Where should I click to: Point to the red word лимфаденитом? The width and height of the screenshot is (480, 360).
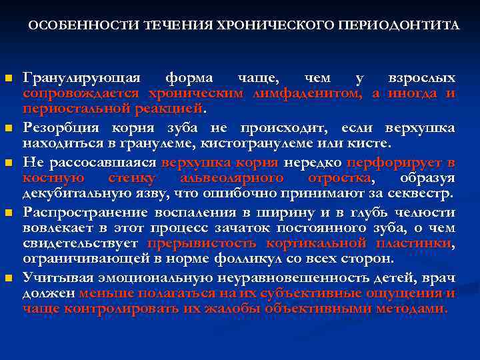tap(307, 94)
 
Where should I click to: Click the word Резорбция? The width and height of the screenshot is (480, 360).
tap(59, 128)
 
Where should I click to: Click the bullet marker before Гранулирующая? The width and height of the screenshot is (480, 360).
tap(9, 79)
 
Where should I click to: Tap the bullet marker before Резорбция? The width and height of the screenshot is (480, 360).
tap(9, 129)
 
